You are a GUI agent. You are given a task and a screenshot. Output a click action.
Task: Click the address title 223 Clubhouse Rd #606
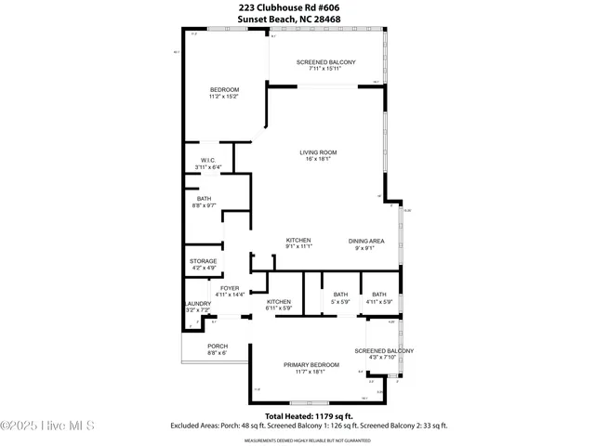(297, 7)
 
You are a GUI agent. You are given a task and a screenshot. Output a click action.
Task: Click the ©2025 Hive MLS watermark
(48, 426)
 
